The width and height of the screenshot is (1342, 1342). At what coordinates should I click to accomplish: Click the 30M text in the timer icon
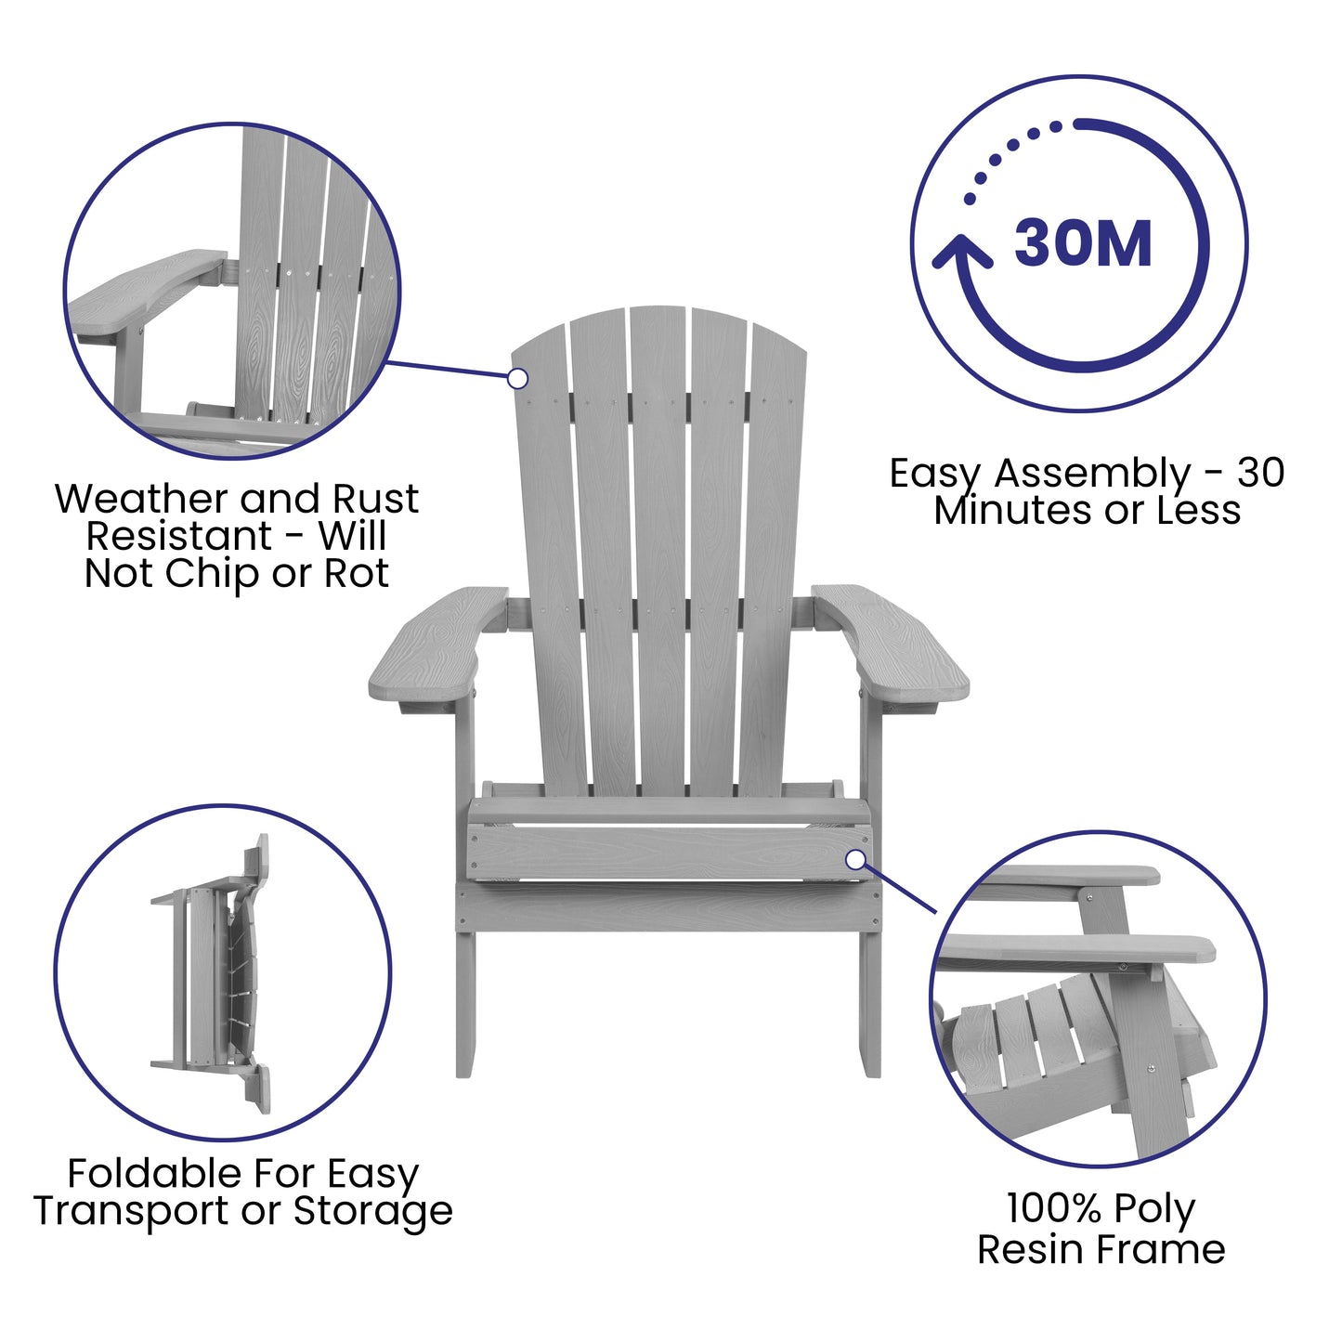point(1083,244)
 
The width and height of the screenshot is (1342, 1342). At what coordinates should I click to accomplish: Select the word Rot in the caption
point(356,574)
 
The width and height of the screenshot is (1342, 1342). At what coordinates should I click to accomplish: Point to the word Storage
point(373,1211)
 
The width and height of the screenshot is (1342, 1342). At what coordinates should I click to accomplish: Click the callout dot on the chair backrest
point(518,378)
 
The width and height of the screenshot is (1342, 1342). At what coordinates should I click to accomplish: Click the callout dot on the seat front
point(855,859)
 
